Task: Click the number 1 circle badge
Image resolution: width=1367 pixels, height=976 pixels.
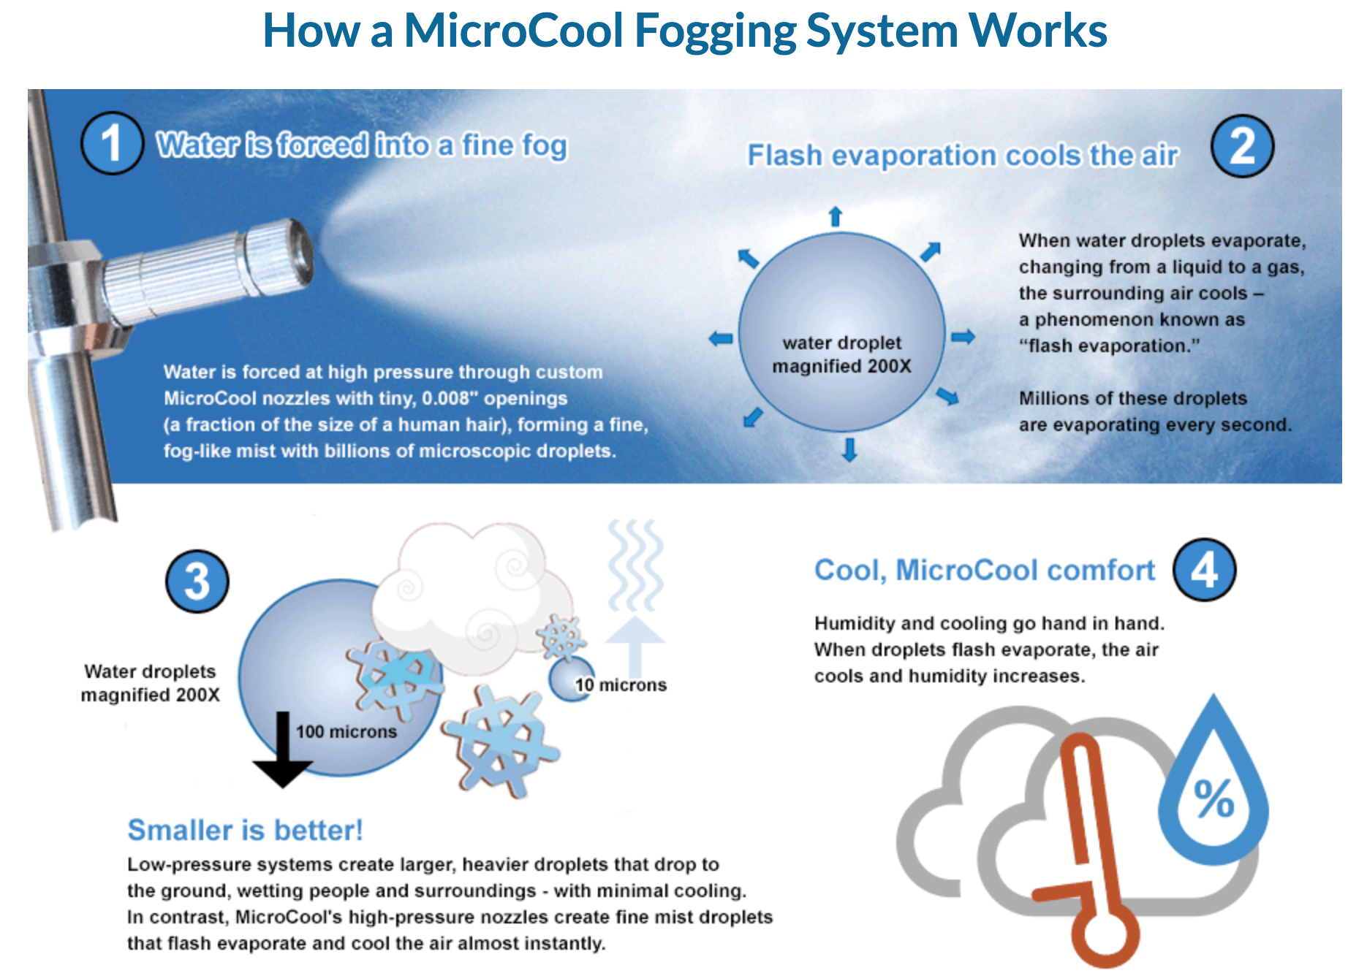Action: pyautogui.click(x=111, y=143)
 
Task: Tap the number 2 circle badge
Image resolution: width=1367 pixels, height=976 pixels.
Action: pyautogui.click(x=1242, y=146)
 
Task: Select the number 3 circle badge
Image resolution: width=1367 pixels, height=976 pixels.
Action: pyautogui.click(x=197, y=582)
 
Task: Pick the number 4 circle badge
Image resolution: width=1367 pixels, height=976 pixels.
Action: pyautogui.click(x=1205, y=570)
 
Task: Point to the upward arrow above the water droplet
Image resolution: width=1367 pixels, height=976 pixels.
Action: pyautogui.click(x=836, y=216)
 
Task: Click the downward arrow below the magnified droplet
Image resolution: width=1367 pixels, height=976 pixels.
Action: pyautogui.click(x=849, y=449)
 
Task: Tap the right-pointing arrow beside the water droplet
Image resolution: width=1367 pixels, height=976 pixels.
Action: pyautogui.click(x=963, y=337)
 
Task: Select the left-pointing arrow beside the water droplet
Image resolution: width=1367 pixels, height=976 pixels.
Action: pyautogui.click(x=721, y=338)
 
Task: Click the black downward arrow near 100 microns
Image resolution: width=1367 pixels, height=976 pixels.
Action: pyautogui.click(x=283, y=750)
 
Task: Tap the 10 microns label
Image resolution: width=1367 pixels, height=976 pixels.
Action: pyautogui.click(x=621, y=685)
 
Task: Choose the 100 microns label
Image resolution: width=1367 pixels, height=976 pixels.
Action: pyautogui.click(x=347, y=731)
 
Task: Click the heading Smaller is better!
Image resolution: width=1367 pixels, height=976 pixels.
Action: pyautogui.click(x=245, y=831)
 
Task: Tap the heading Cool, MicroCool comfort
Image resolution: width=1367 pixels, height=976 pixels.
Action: pyautogui.click(x=985, y=571)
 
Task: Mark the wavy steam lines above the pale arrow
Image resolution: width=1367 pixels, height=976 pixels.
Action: pyautogui.click(x=636, y=565)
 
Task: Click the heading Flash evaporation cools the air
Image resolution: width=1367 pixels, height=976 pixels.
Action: pyautogui.click(x=962, y=156)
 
